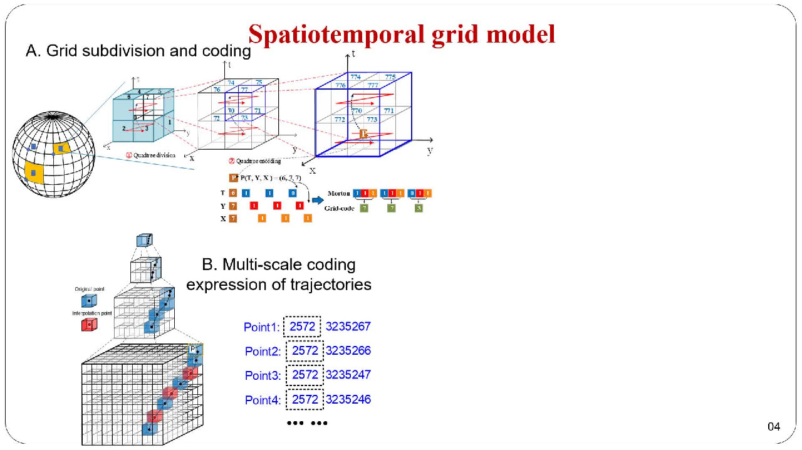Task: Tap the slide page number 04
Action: tap(774, 427)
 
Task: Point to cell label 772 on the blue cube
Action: tap(340, 119)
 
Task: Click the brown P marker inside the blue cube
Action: tap(364, 133)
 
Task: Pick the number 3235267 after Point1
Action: tap(348, 327)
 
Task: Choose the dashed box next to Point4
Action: tap(305, 399)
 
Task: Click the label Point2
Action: tap(263, 352)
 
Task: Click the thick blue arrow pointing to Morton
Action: tap(318, 200)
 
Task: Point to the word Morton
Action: tap(339, 194)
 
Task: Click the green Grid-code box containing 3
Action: tap(419, 207)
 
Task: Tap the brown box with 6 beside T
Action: tap(232, 194)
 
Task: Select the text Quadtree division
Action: tap(153, 155)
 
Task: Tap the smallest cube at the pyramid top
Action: tap(144, 241)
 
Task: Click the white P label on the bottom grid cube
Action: tap(194, 348)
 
